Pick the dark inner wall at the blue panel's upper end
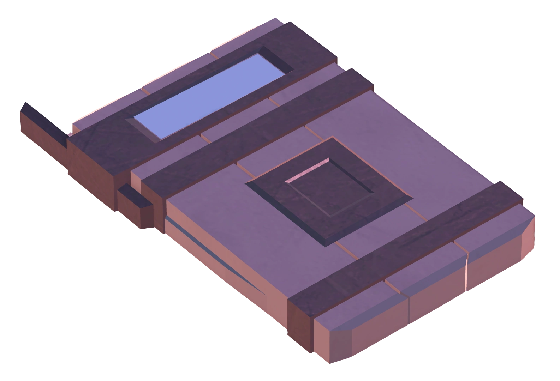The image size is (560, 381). (x=277, y=58)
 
